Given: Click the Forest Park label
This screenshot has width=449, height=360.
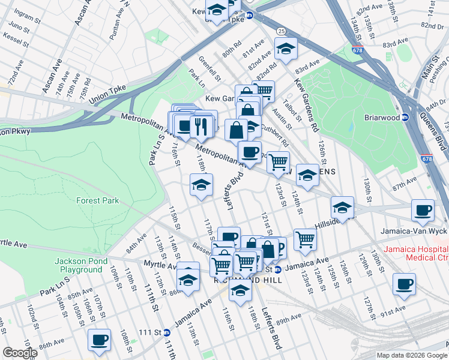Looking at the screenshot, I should tap(97, 201).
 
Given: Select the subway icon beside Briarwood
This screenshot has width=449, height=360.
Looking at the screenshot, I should tap(405, 118).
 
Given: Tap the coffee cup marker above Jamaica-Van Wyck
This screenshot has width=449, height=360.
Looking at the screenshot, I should tap(423, 210).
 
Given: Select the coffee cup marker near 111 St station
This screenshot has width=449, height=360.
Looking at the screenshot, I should tap(99, 340).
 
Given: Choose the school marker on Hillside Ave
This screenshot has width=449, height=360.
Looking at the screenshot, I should tap(342, 208).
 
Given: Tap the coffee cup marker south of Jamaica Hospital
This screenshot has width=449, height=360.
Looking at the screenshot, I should tap(404, 284).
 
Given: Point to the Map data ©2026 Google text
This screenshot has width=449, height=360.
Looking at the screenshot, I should tap(412, 355).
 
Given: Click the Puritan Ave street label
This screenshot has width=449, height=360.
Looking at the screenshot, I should tap(115, 27).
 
